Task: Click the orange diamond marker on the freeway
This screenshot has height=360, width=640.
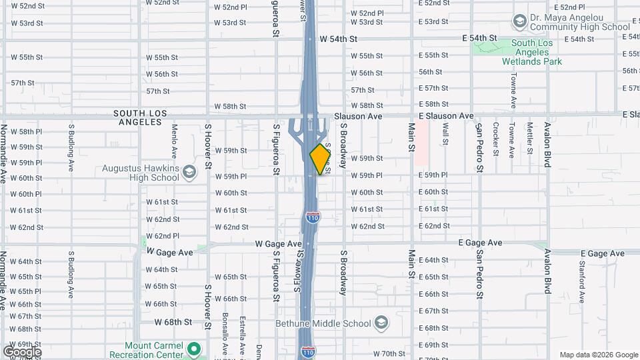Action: [320, 159]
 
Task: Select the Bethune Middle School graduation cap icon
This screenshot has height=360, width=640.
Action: [381, 323]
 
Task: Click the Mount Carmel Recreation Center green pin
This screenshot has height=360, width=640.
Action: [194, 349]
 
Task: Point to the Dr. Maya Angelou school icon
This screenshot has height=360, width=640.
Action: [519, 22]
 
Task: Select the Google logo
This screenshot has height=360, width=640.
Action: [22, 352]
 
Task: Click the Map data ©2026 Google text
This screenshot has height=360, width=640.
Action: [598, 355]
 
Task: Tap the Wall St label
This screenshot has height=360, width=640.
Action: [445, 133]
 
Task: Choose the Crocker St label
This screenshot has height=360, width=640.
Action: [495, 138]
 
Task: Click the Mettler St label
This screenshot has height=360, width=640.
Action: [529, 137]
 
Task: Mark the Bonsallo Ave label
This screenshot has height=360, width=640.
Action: [225, 333]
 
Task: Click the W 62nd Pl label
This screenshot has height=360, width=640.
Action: [162, 236]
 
